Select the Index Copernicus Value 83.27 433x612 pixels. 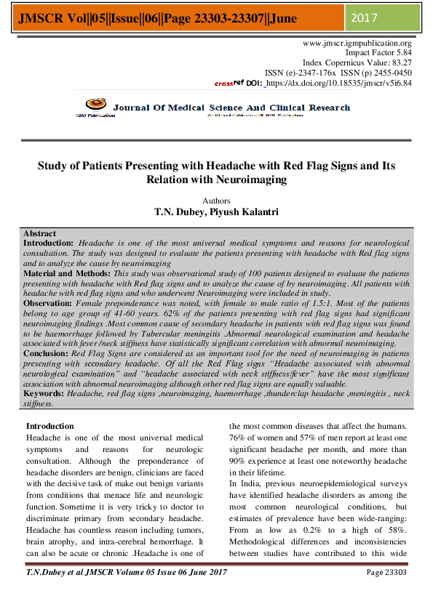(x=400, y=63)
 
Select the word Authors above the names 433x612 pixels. (x=216, y=201)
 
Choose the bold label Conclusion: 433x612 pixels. (x=46, y=353)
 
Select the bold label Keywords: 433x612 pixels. (x=44, y=393)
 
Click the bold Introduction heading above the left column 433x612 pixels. (x=50, y=426)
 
